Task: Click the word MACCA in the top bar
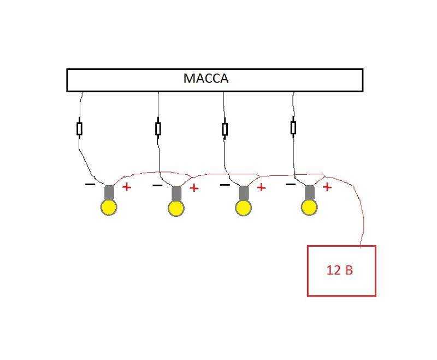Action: [x=206, y=78]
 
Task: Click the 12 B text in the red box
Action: [x=339, y=270]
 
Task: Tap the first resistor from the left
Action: [x=79, y=129]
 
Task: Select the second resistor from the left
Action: [x=158, y=129]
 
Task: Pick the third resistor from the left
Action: [x=225, y=129]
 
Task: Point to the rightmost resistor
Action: [x=293, y=128]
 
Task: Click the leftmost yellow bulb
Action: [x=109, y=207]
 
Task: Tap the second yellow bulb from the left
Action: [x=176, y=209]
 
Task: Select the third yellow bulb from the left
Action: [x=244, y=208]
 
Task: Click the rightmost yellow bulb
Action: [x=309, y=207]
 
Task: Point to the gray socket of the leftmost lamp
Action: [x=109, y=192]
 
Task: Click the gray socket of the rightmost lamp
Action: [x=310, y=193]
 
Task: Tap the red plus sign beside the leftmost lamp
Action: [x=127, y=187]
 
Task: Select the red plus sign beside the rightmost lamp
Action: [x=327, y=187]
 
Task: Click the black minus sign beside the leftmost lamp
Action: [x=90, y=184]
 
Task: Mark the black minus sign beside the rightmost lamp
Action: [x=291, y=184]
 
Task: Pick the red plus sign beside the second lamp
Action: [x=194, y=188]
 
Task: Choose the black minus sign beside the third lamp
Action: [x=225, y=185]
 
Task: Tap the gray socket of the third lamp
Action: [x=244, y=193]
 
